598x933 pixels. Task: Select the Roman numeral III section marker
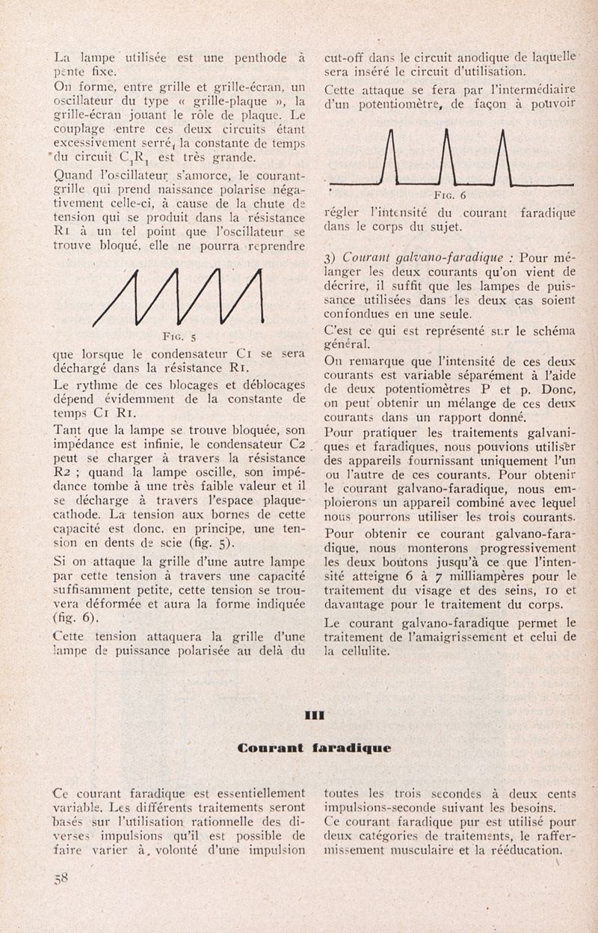coord(315,715)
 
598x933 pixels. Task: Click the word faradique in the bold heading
coord(351,747)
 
